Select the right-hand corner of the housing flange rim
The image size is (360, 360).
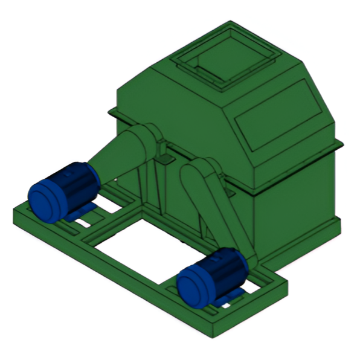[x=342, y=145]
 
